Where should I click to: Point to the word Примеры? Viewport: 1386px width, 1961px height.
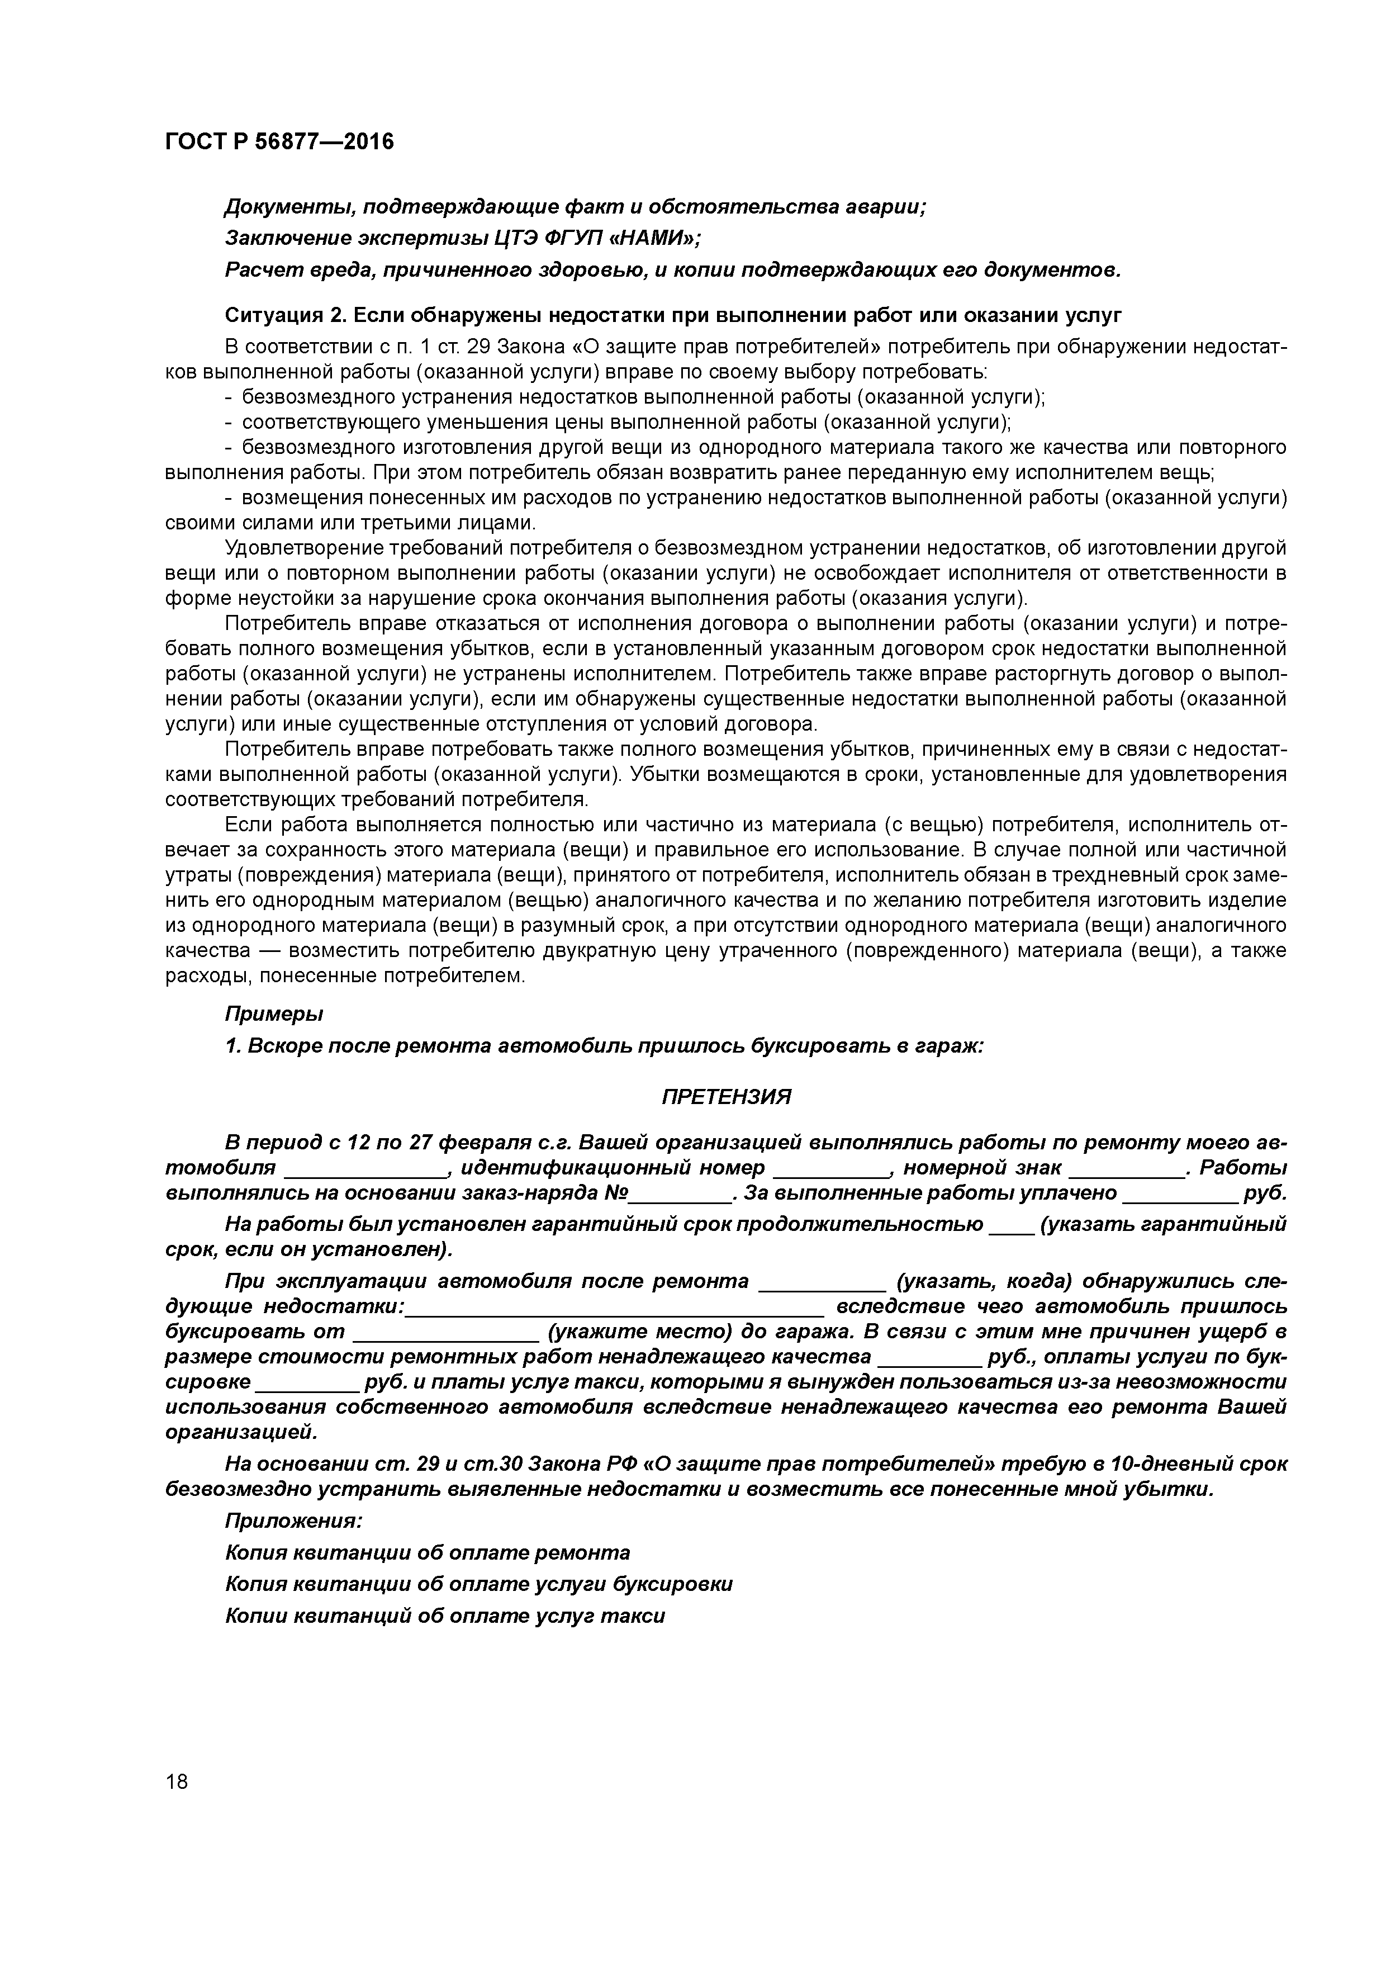[274, 1014]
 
